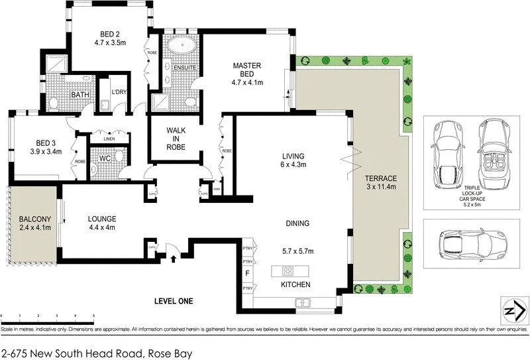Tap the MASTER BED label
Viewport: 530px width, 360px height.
coord(248,66)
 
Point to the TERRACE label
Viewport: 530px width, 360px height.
coord(380,179)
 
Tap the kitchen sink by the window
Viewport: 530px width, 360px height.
coord(303,303)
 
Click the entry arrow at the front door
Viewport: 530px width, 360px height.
coord(173,258)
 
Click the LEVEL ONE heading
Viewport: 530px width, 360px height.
coord(173,301)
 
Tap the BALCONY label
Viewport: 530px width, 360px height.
coord(32,219)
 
